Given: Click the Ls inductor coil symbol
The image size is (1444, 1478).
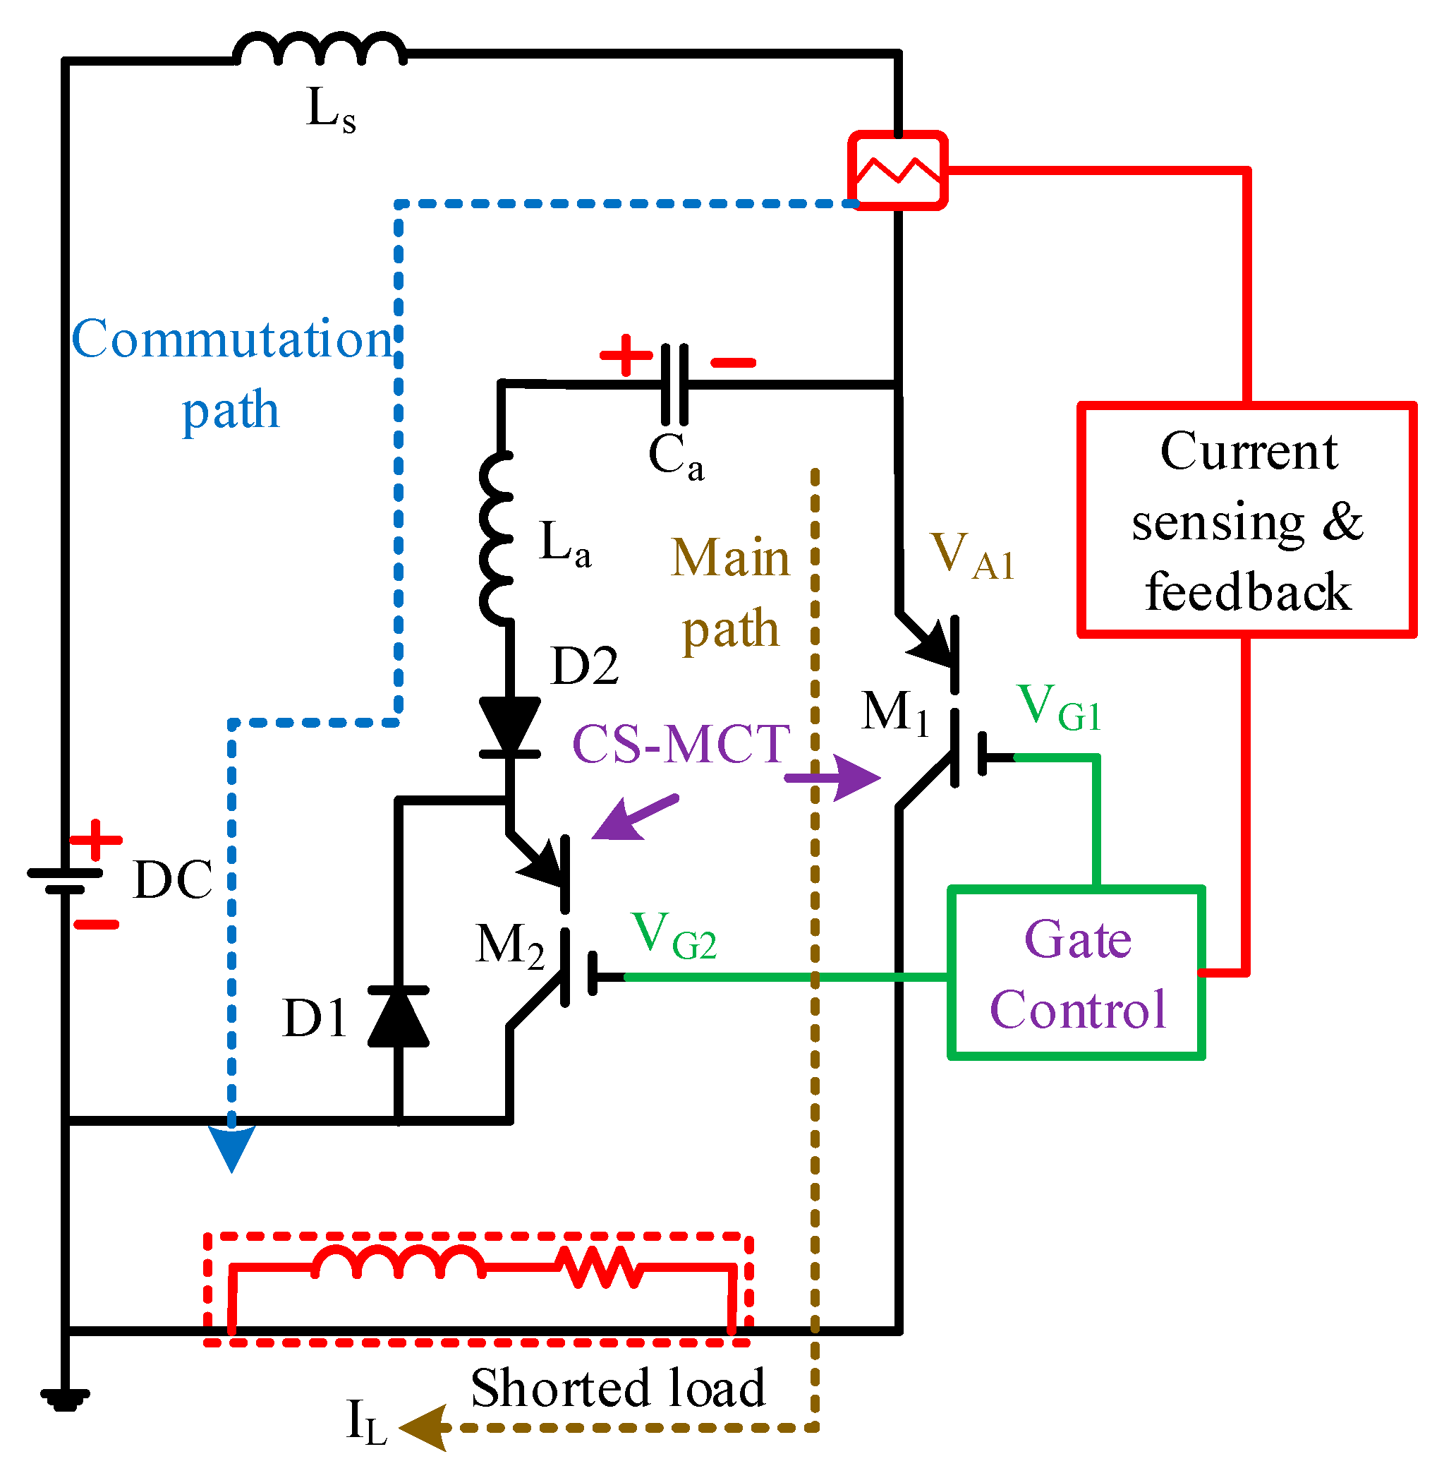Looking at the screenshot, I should [x=320, y=50].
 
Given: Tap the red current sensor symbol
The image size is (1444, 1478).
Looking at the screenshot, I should [x=898, y=171].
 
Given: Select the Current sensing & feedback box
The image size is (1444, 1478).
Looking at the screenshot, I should [x=1246, y=519].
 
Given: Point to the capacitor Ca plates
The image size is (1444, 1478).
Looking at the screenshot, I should [x=674, y=385].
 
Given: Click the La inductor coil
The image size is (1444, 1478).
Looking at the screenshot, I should [x=497, y=539].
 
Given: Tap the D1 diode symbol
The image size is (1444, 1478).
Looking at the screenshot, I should [x=398, y=1016].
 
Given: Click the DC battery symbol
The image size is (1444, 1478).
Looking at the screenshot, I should [x=65, y=880].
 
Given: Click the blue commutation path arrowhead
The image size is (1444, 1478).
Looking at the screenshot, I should [x=231, y=1147].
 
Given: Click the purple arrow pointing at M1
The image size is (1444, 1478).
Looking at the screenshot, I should [x=835, y=778].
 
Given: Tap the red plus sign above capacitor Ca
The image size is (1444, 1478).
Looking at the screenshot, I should [x=626, y=355].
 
